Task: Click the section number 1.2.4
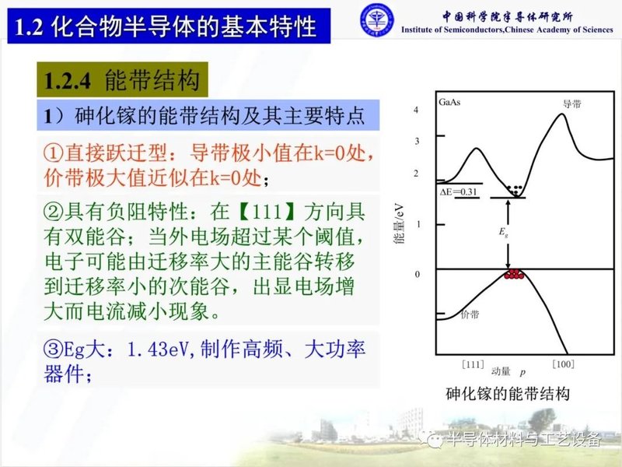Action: point(69,81)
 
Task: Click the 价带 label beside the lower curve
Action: point(470,315)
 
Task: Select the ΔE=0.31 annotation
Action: point(460,191)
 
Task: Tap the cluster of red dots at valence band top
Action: point(514,274)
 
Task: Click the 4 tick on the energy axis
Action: point(416,111)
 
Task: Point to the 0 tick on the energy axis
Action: point(416,274)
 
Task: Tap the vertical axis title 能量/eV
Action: point(400,226)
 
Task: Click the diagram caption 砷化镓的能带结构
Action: point(508,394)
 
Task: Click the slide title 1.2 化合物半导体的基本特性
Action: point(166,27)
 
